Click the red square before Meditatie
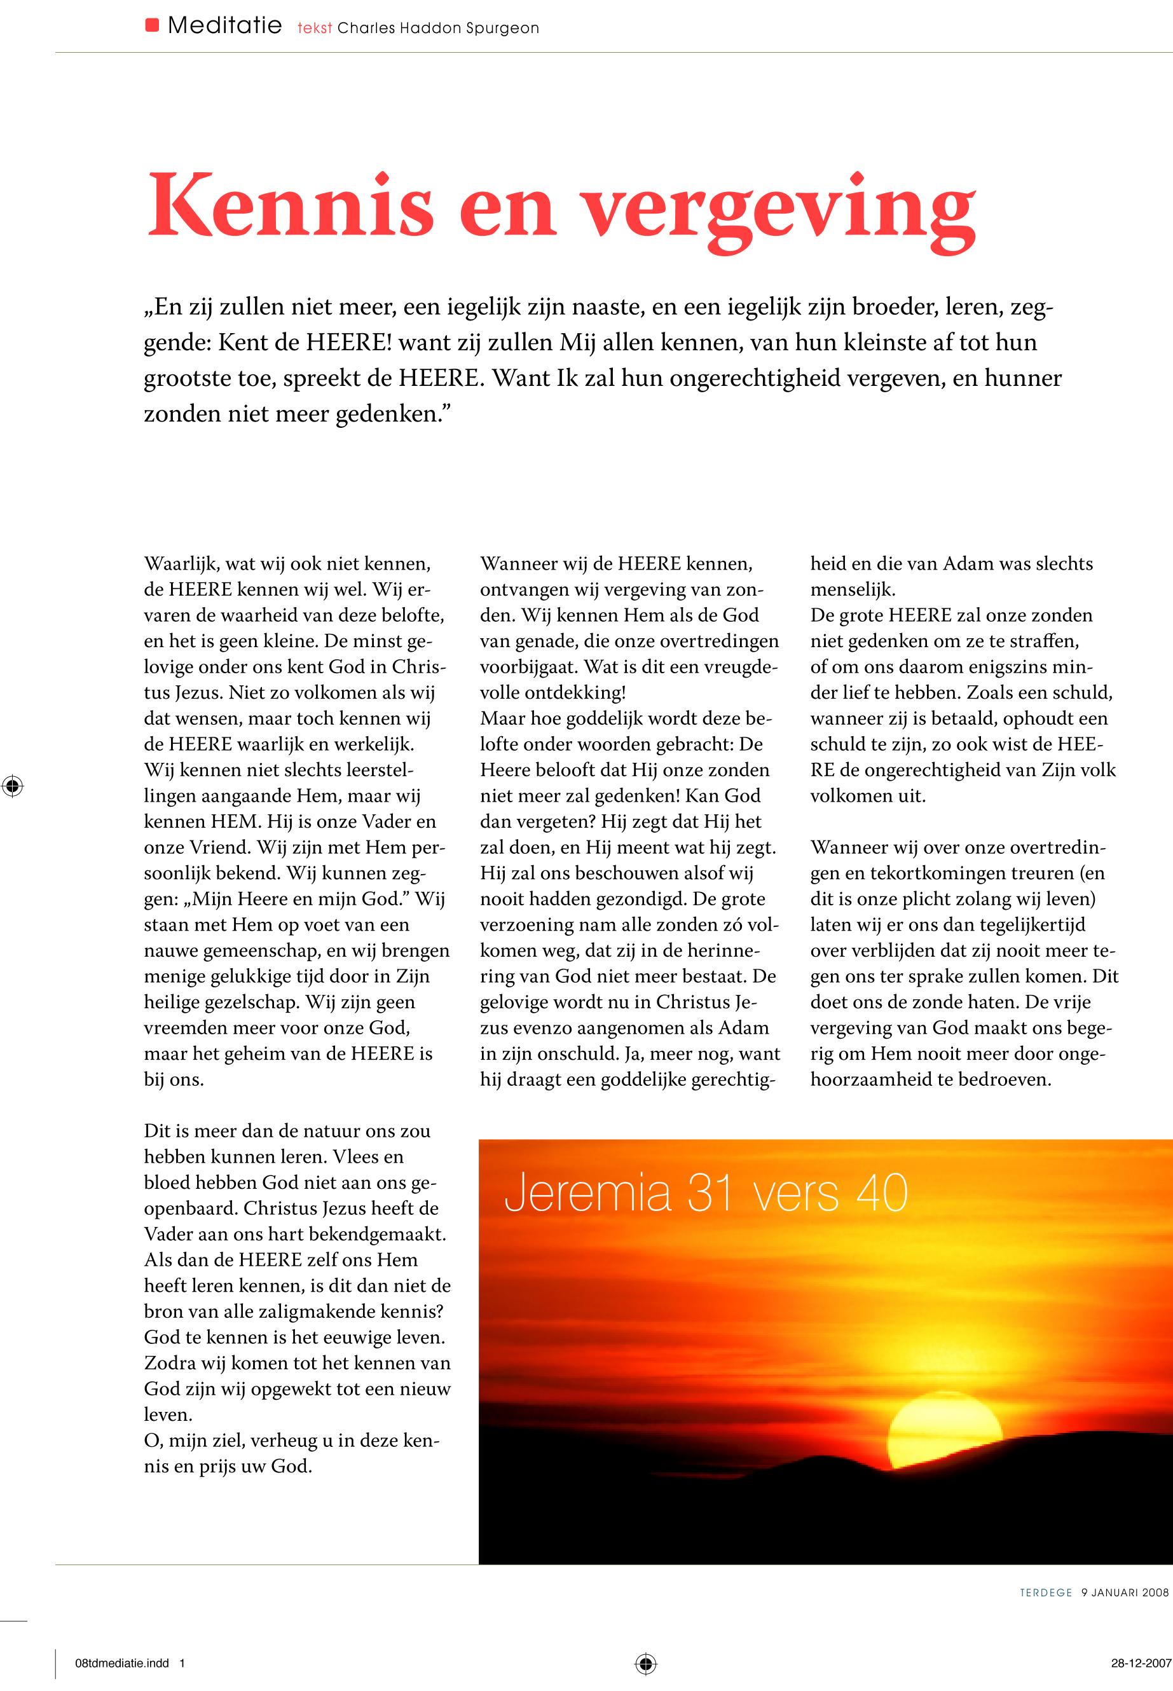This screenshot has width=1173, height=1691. coord(152,25)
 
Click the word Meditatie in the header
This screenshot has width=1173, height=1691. coord(224,27)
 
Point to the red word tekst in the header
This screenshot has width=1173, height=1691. coord(315,29)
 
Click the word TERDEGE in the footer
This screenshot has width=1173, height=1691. coord(1046,1592)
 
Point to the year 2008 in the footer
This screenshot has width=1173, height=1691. coord(1153,1592)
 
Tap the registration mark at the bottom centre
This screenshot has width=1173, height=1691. coord(645,1663)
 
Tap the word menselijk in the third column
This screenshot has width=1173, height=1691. coord(851,589)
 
